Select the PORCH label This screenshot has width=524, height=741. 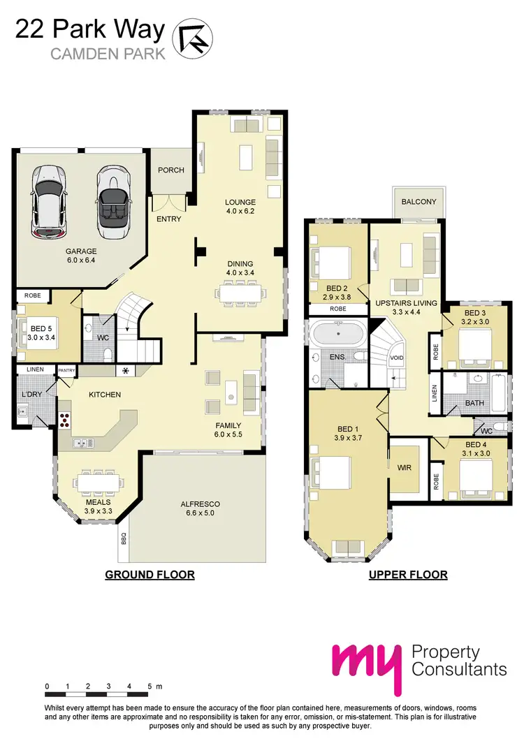pos(170,170)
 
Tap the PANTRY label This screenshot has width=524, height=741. pos(67,370)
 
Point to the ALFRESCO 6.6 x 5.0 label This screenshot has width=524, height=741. pos(201,508)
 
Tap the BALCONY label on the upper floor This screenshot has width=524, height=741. pos(419,202)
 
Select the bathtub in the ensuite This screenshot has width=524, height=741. pos(337,333)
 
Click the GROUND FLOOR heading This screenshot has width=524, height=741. pos(150,575)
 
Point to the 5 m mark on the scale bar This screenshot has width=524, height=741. pos(151,687)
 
